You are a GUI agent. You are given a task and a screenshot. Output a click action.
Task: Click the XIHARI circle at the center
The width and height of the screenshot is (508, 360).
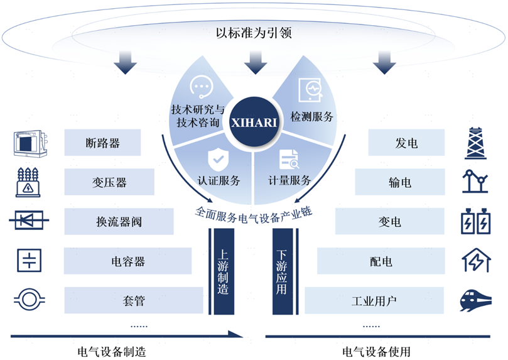point(254,122)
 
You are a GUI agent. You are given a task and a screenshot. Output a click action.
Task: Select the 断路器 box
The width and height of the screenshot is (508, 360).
point(102,143)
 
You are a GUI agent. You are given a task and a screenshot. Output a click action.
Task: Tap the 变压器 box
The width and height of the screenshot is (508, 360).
point(109,182)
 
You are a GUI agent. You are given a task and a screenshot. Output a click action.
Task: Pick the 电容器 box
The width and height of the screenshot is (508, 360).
point(127,261)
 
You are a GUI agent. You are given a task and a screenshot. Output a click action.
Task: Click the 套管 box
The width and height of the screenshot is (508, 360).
point(134,300)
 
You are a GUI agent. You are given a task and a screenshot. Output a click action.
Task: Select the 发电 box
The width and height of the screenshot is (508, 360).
point(406,143)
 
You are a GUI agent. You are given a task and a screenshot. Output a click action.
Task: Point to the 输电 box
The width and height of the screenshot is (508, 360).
point(400,182)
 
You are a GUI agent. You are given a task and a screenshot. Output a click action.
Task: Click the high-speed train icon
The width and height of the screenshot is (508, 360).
point(477,300)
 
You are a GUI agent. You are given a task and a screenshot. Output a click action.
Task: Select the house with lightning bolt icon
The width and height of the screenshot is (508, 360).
point(477,259)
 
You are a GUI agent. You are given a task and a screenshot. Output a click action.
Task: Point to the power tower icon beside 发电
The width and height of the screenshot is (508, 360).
point(476,143)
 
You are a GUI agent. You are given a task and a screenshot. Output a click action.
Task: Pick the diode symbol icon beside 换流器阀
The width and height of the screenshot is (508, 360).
point(27,221)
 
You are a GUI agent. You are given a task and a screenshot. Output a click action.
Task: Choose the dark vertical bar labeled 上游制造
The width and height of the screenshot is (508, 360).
point(223,272)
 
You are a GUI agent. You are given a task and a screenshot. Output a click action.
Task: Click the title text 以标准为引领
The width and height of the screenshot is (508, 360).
point(254,32)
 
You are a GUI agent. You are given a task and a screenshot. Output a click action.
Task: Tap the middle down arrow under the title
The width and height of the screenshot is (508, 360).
point(255,61)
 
